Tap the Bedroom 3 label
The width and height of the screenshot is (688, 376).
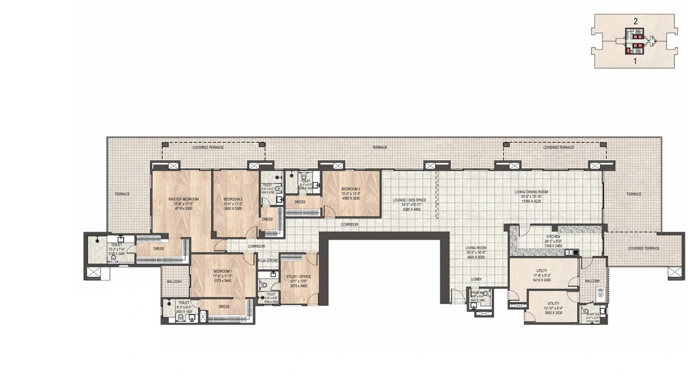(x=232, y=199)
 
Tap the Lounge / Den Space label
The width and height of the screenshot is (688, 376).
(x=407, y=200)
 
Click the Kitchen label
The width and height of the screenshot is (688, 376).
(x=553, y=236)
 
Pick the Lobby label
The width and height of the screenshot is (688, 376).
(x=476, y=279)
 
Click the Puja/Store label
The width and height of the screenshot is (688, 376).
(x=267, y=262)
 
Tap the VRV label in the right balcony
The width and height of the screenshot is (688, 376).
(x=600, y=290)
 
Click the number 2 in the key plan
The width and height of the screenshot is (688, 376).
(x=635, y=21)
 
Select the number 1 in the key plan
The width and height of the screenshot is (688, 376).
(x=635, y=62)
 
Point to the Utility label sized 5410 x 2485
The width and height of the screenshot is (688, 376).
(x=541, y=271)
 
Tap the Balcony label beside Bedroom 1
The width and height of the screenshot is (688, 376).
(x=174, y=282)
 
